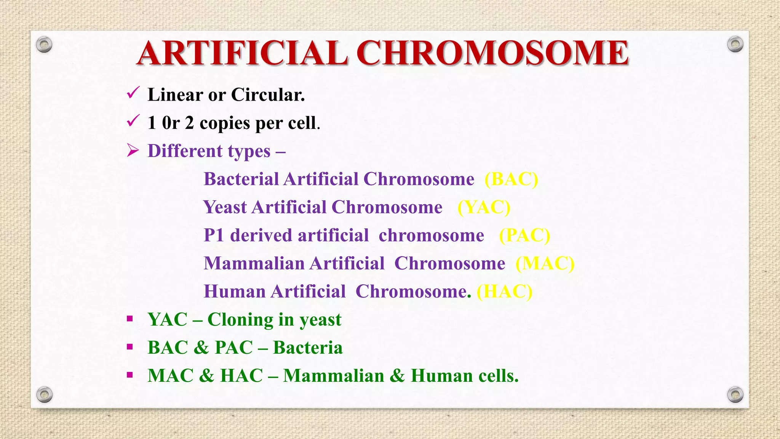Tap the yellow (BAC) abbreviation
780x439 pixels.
(x=511, y=179)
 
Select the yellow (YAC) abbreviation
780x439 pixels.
(x=484, y=207)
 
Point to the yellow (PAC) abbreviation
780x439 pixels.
(x=524, y=236)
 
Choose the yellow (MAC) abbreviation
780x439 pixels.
(x=545, y=263)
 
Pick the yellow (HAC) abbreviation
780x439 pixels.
(x=504, y=292)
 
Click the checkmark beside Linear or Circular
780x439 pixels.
(x=133, y=93)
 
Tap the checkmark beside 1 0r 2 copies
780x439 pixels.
(x=133, y=121)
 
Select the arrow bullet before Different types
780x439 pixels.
(x=133, y=151)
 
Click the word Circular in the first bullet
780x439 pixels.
(x=268, y=95)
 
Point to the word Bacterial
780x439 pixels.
(x=241, y=179)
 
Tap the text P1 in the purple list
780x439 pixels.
(x=213, y=236)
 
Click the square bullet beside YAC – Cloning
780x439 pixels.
(x=130, y=319)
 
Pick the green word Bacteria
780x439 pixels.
(x=308, y=348)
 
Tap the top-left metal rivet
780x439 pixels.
(x=44, y=45)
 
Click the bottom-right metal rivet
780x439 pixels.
(x=735, y=394)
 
